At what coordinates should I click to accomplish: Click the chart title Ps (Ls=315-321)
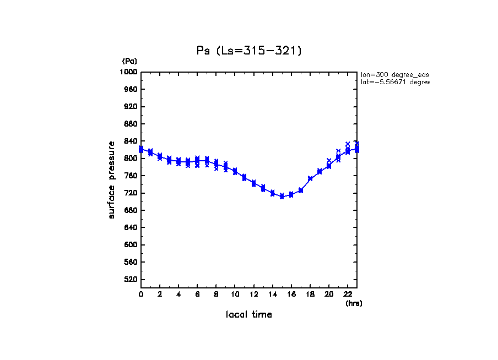[249, 51]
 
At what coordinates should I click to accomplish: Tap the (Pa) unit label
[129, 61]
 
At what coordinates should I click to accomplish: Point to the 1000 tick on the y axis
[131, 72]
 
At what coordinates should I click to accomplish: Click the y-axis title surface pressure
[112, 179]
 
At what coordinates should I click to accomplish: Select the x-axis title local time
[249, 315]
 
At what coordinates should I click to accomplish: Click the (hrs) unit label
[354, 303]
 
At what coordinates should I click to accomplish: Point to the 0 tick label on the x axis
[141, 294]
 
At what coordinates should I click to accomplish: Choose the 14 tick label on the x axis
[272, 294]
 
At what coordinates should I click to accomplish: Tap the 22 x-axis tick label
[348, 294]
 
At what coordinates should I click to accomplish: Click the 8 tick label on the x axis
[216, 294]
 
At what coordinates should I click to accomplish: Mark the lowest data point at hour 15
[282, 196]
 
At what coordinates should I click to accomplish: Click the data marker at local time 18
[310, 178]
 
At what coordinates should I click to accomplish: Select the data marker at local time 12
[253, 183]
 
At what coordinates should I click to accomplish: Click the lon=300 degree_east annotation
[394, 74]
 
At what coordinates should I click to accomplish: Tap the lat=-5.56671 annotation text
[394, 82]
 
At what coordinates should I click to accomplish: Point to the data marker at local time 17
[301, 190]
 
